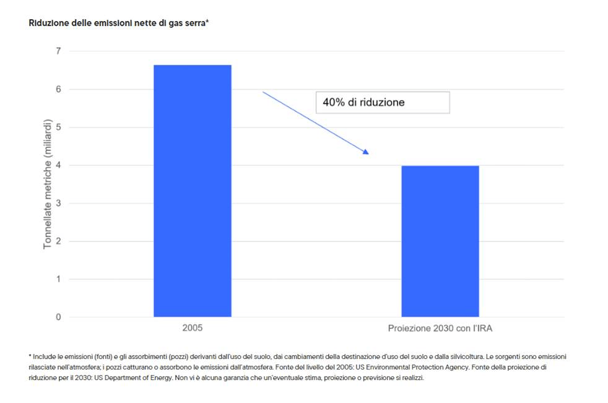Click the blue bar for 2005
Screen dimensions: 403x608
point(192,191)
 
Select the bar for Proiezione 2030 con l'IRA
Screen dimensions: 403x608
point(440,241)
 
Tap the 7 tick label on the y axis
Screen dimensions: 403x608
point(59,51)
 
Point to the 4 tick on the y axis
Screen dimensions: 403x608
point(59,165)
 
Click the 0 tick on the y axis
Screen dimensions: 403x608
point(59,317)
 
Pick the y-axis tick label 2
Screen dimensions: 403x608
point(59,241)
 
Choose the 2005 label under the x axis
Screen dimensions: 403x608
point(192,328)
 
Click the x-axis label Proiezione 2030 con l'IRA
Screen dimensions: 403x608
point(440,328)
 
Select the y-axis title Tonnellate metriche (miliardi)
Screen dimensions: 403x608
point(48,184)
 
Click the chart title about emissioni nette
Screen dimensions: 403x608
point(118,23)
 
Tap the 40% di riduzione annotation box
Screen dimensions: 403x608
point(383,102)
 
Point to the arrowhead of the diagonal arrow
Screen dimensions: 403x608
point(366,151)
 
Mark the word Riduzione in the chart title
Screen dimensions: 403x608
point(47,23)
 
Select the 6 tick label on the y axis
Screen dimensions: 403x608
point(59,89)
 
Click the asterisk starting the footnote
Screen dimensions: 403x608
point(30,357)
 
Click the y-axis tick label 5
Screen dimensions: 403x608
point(59,127)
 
